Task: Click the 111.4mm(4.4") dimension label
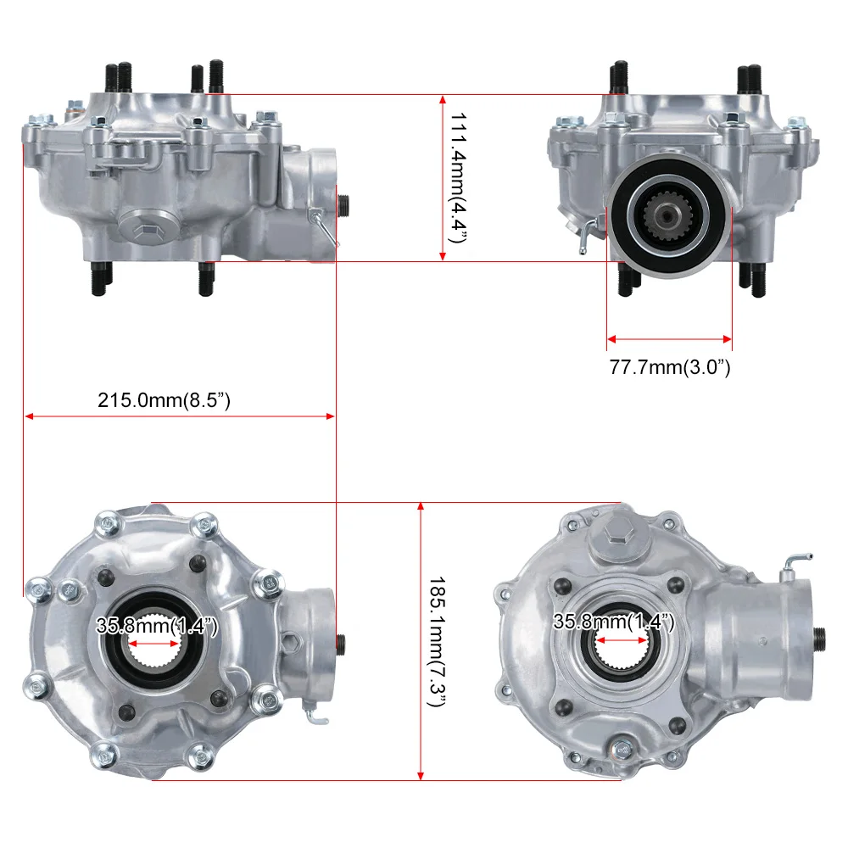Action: pos(459,177)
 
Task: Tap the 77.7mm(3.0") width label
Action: pos(670,367)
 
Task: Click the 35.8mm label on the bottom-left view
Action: pos(157,627)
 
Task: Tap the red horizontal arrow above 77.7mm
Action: pos(669,341)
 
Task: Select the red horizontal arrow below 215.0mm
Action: pos(179,416)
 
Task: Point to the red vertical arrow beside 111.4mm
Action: pos(443,177)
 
